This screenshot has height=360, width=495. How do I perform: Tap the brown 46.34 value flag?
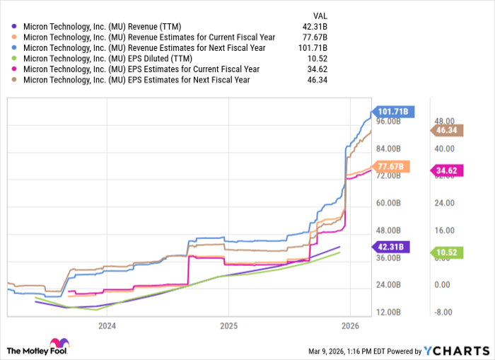coord(446,130)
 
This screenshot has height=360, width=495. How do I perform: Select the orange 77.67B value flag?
coord(390,167)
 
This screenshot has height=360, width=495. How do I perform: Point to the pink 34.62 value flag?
coord(446,171)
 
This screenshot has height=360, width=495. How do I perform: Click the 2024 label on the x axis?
coord(107,326)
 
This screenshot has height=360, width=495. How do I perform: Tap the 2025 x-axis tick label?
coord(228,326)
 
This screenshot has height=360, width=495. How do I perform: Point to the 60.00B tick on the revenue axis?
coord(392,203)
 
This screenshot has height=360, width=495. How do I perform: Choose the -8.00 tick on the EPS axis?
coord(443,312)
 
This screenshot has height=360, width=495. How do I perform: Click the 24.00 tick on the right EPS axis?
coord(443,203)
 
